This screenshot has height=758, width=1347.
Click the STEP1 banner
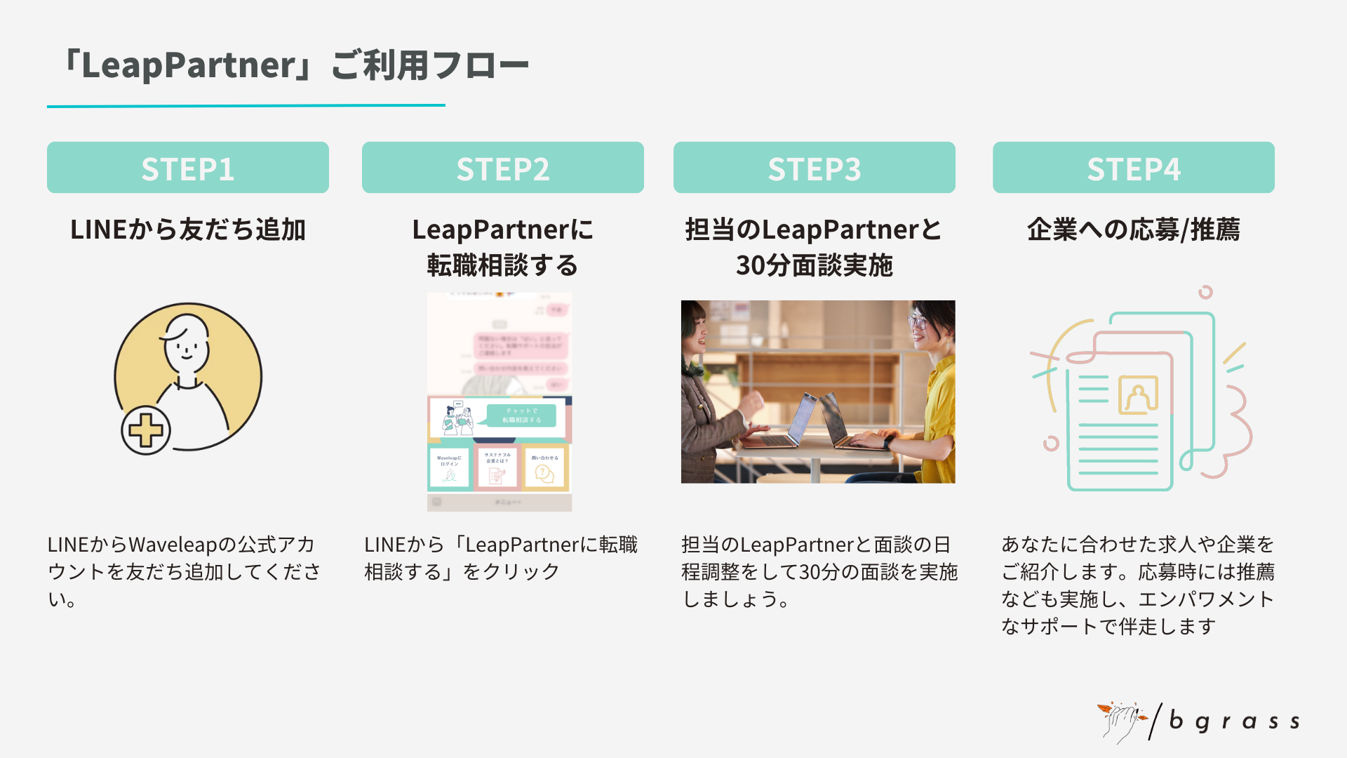coord(187,168)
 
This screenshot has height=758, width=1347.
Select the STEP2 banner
coord(502,168)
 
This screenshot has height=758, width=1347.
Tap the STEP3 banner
coord(814,168)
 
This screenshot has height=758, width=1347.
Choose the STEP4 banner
coord(1133,168)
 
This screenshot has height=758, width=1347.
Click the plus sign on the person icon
coord(146,430)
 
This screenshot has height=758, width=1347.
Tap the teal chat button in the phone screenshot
coord(521,415)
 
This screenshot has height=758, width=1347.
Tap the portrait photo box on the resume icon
coord(1137,395)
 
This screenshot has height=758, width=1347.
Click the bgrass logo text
coord(1234,722)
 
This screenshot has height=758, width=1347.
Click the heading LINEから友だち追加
coord(187,230)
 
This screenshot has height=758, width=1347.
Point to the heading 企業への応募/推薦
coord(1133,230)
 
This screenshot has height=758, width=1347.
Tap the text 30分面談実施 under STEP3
coord(814,265)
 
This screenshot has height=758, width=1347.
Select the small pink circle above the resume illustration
coord(1205,292)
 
